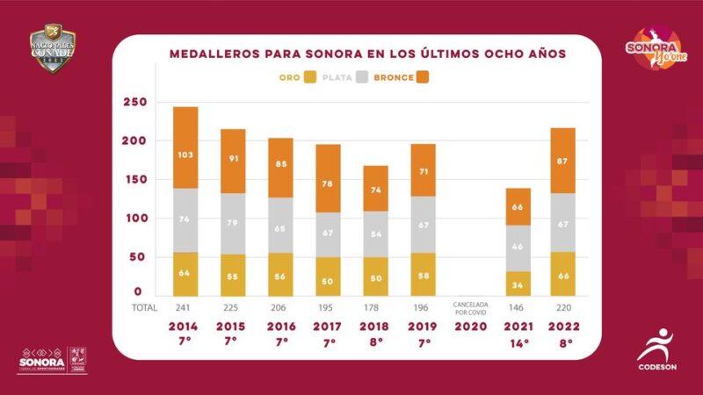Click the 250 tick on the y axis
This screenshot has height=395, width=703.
(133, 103)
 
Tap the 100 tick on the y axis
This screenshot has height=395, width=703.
(133, 218)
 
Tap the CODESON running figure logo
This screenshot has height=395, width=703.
(659, 345)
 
